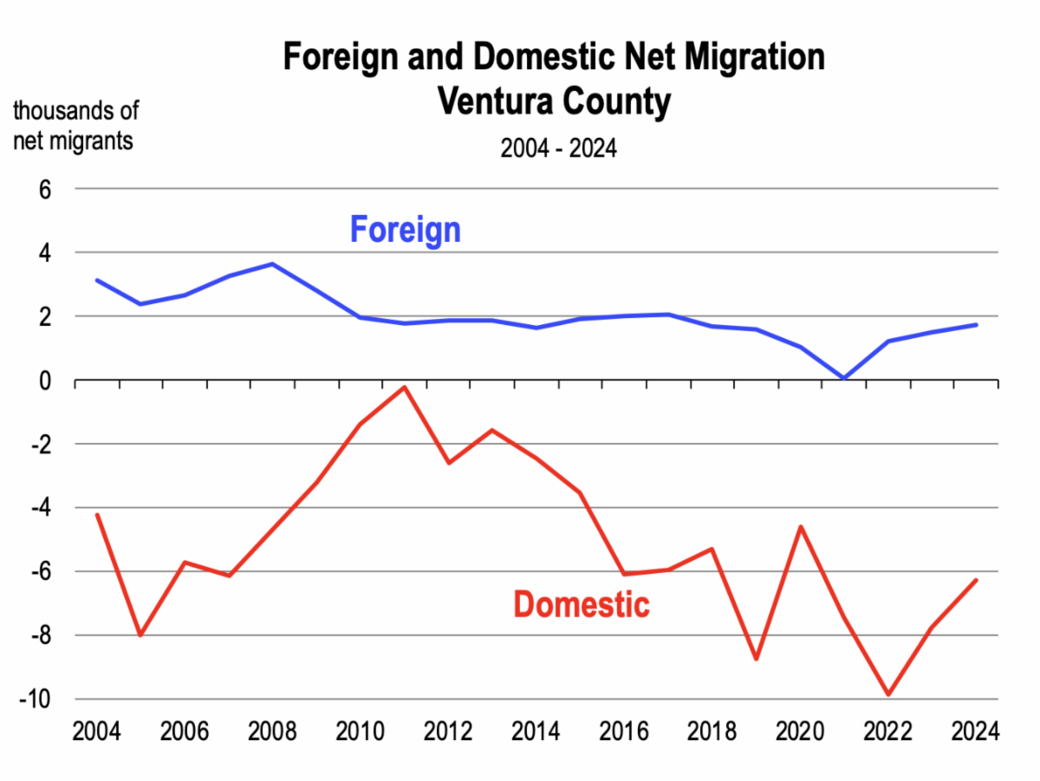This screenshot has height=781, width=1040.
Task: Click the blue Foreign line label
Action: (x=405, y=231)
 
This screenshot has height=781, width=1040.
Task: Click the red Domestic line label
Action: (x=582, y=604)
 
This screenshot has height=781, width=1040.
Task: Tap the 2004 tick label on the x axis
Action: (x=96, y=731)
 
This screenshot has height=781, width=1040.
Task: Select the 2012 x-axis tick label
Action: (x=448, y=731)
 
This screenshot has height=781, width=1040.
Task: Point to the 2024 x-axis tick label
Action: (x=975, y=731)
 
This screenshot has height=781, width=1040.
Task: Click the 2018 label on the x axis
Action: (x=712, y=731)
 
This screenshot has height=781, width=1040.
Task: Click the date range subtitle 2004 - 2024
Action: (x=558, y=148)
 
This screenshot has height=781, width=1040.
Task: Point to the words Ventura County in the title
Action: (x=554, y=102)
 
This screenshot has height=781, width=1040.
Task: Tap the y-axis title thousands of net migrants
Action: (x=75, y=125)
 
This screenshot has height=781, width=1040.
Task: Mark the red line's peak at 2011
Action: (x=404, y=387)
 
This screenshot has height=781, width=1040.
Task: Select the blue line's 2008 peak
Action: (x=273, y=264)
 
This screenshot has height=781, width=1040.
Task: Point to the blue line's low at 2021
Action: (x=843, y=378)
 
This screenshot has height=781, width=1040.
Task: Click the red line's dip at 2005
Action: (x=140, y=635)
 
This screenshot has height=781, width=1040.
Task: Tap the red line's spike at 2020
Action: (x=800, y=526)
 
